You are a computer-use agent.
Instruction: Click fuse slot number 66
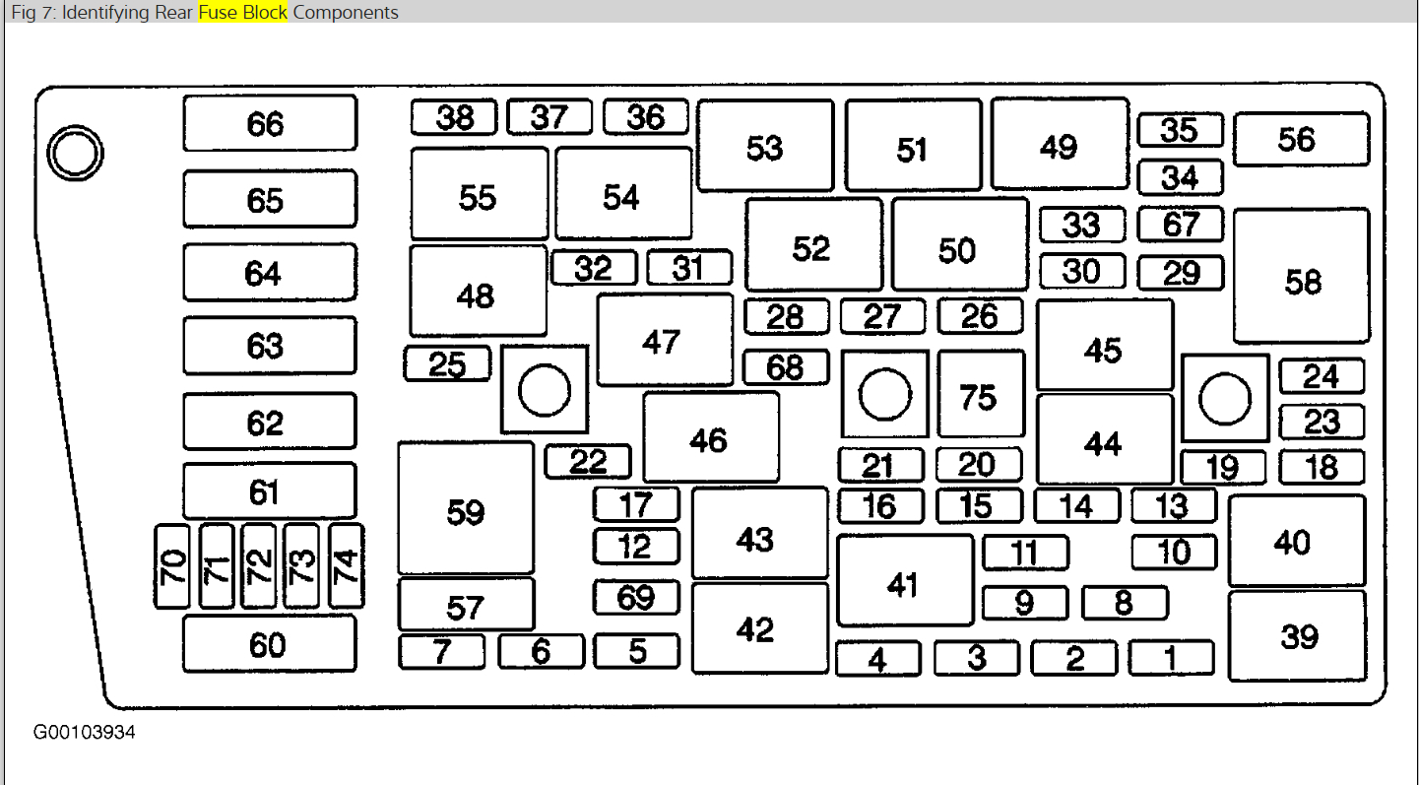click(x=269, y=123)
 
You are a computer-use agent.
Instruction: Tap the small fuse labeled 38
click(x=455, y=118)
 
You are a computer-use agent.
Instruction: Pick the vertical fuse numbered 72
click(x=259, y=565)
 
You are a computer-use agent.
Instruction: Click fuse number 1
click(x=1171, y=657)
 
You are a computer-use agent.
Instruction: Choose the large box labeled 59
click(x=466, y=508)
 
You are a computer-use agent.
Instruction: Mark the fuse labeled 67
click(x=1180, y=224)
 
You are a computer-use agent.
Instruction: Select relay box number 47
click(x=665, y=340)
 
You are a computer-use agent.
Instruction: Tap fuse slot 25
click(x=447, y=364)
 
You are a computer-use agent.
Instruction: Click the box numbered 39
click(x=1297, y=635)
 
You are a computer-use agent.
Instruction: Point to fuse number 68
click(x=786, y=367)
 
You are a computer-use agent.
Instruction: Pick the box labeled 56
click(x=1300, y=139)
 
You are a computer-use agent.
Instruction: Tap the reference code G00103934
click(x=85, y=733)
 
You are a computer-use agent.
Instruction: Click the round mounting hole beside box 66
click(x=76, y=153)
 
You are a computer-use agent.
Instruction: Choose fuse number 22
click(x=588, y=461)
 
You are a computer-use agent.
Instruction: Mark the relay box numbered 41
click(x=904, y=581)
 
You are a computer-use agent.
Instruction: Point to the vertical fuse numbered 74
click(x=346, y=565)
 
